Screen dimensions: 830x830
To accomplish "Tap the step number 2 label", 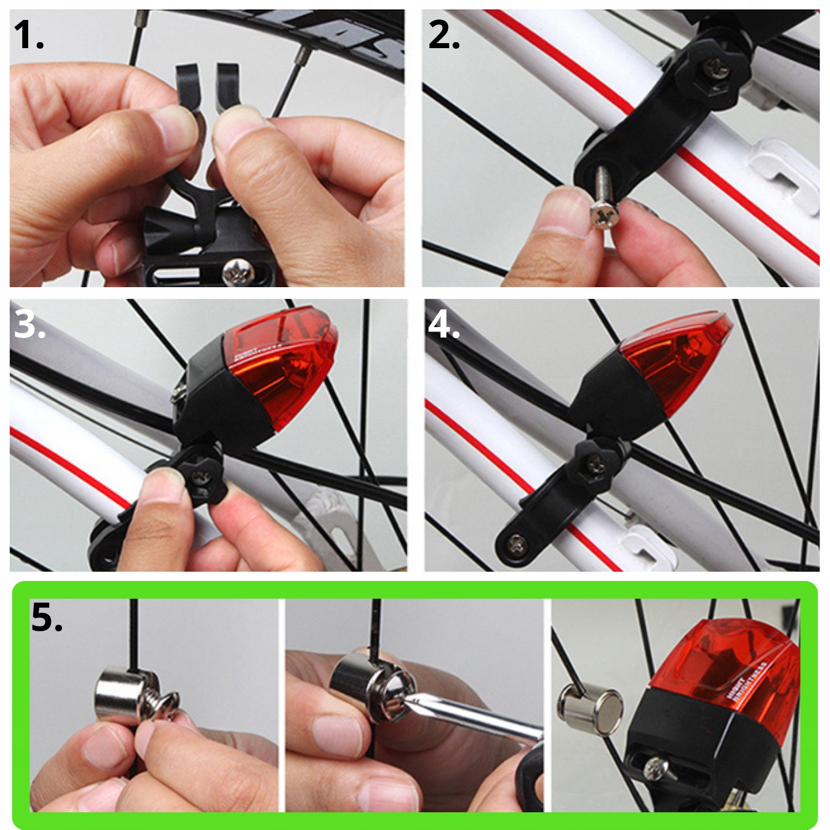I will pyautogui.click(x=443, y=35).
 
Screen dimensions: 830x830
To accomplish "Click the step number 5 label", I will pyautogui.click(x=46, y=618).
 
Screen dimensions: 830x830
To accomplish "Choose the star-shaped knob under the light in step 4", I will pyautogui.click(x=595, y=461).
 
